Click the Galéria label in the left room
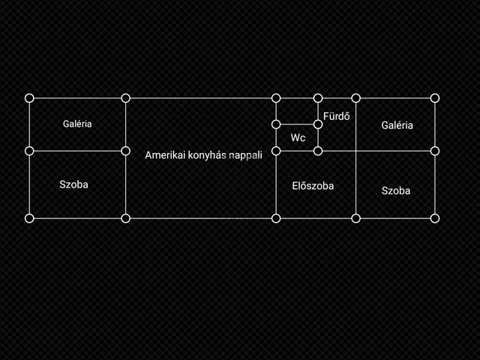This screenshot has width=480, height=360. (77, 124)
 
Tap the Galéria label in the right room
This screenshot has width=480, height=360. (397, 125)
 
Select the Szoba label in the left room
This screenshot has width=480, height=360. (73, 184)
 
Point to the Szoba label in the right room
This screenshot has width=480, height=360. (396, 190)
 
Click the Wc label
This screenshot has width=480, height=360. (298, 138)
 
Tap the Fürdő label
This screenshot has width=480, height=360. (337, 116)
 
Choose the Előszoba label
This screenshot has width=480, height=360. (313, 186)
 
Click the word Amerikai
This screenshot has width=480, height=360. (165, 155)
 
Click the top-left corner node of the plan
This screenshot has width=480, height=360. (29, 98)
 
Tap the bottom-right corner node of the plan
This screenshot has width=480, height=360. (435, 218)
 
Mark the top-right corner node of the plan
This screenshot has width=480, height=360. (435, 98)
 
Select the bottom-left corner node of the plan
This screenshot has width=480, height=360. (29, 218)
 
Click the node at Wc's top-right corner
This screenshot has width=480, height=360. (318, 124)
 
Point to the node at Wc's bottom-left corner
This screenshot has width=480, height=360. (276, 151)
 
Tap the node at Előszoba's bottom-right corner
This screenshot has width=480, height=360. (355, 218)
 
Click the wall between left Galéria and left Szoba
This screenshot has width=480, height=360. (77, 151)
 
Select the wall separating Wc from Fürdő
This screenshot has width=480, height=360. (318, 138)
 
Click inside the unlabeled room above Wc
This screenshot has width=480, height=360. (297, 112)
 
